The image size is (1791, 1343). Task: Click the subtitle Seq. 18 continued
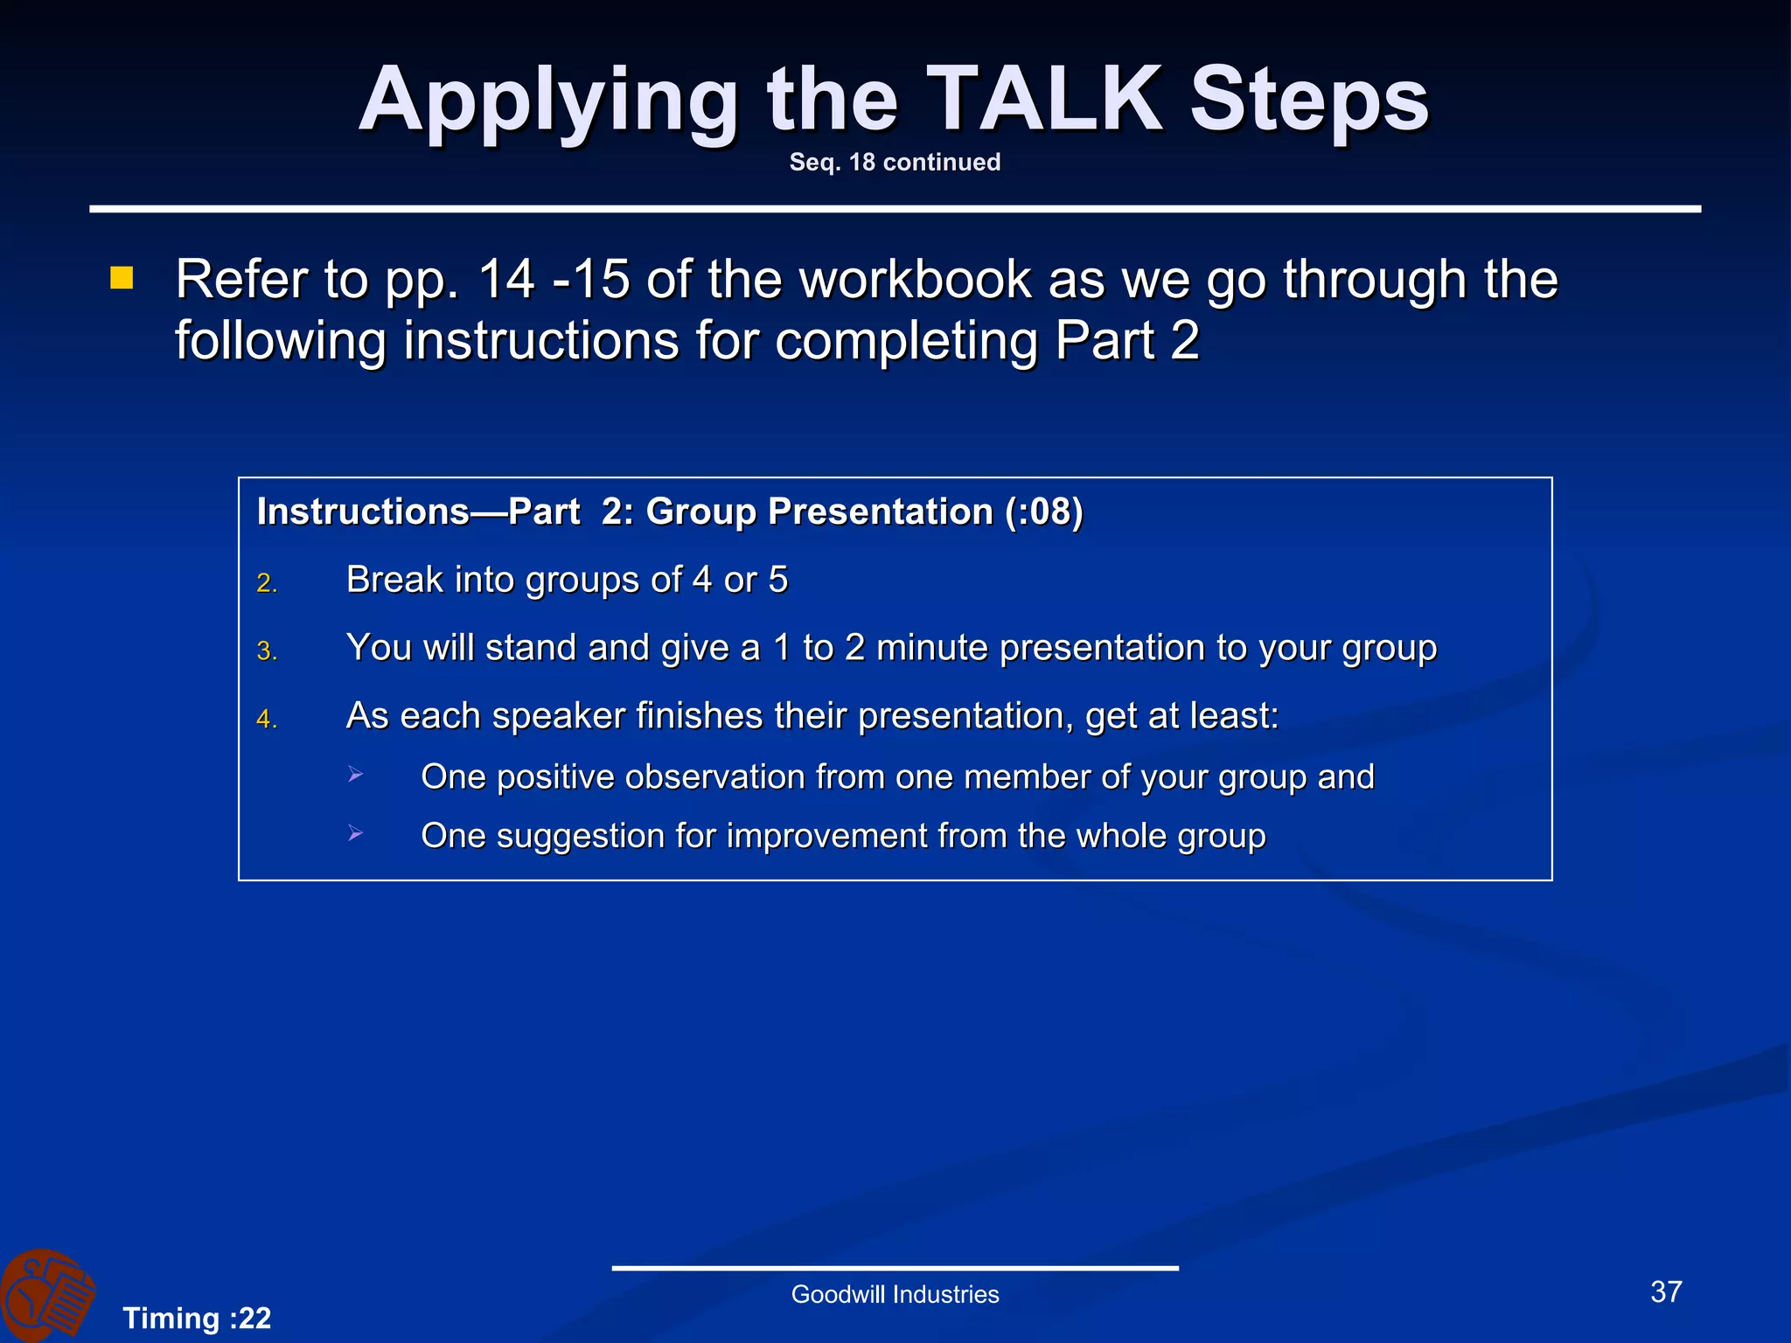(x=895, y=163)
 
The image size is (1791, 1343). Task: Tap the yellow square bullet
(x=122, y=279)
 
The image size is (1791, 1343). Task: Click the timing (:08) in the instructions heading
(x=1043, y=512)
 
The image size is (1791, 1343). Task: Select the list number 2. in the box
(x=267, y=583)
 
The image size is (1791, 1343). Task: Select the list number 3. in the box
(x=267, y=651)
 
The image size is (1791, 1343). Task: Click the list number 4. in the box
(x=267, y=720)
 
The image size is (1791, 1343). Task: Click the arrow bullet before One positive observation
(x=355, y=774)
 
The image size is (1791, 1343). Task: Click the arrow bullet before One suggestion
(x=355, y=833)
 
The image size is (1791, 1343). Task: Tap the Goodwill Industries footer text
(x=895, y=1295)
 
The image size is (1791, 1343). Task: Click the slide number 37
(x=1666, y=1292)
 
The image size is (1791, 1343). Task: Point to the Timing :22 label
(x=197, y=1319)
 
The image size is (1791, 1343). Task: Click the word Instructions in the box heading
(x=363, y=512)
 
